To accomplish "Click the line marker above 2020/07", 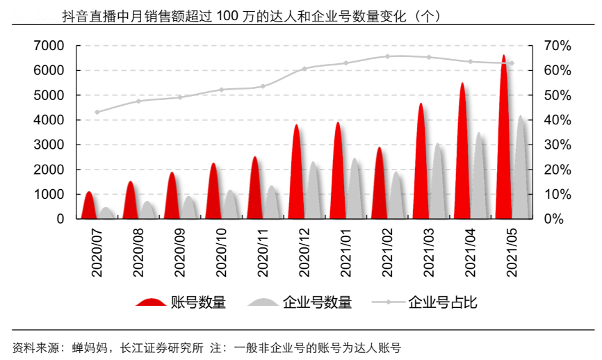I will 97,112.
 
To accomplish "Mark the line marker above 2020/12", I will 304,69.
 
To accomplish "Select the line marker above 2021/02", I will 388,56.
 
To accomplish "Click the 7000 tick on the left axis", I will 49,46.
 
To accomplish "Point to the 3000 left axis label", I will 49,145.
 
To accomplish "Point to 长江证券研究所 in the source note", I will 163,347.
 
